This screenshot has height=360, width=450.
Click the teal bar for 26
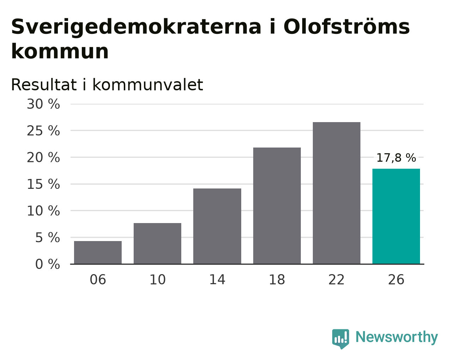(396, 216)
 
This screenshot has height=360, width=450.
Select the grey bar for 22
(336, 193)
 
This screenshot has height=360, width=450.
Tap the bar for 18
(277, 206)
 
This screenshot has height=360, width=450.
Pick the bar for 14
(217, 226)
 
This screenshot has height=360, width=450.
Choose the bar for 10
(157, 244)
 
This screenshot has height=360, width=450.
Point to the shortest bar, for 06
(98, 252)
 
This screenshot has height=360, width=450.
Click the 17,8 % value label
(396, 158)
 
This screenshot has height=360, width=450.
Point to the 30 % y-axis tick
(43, 104)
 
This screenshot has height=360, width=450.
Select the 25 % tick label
(43, 131)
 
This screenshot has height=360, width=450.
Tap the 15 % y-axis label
(43, 184)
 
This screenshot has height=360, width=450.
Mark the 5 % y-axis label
(48, 238)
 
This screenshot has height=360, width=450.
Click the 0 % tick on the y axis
(48, 264)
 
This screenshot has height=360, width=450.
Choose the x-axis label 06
(98, 280)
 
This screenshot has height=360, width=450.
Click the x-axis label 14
(217, 280)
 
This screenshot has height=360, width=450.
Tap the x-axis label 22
(336, 280)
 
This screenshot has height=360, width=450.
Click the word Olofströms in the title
(346, 26)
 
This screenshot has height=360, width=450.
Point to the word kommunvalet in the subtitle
(148, 85)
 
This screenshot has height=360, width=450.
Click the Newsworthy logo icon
(341, 339)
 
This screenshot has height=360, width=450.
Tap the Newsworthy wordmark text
(397, 337)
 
